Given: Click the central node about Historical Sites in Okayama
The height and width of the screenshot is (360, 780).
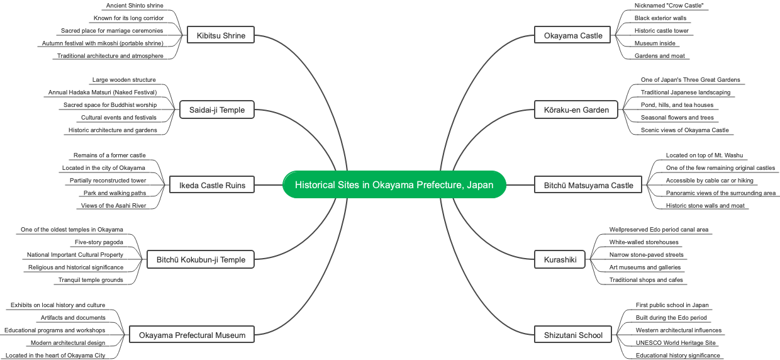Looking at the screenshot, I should pos(394,184).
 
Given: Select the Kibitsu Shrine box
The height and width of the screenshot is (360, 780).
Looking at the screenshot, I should pos(221,35).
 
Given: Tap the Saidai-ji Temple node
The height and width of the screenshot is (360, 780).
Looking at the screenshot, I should pos(217,110).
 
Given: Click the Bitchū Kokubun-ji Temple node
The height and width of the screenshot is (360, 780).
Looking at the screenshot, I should pos(201,259).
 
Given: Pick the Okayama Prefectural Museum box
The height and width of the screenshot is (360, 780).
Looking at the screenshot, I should pos(192,334).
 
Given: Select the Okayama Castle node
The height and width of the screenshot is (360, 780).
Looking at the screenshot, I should pos(573,35).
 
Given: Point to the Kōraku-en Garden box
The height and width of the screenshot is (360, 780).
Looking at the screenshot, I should pos(576,110).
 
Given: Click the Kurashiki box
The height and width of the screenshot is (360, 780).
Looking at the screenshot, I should pos(560,259).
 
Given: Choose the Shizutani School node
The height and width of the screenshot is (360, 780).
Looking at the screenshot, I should pos(573,334).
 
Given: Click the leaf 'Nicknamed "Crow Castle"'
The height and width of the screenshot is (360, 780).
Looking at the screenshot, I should pos(669,6).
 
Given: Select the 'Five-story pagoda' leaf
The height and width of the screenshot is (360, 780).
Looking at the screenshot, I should pos(99,242).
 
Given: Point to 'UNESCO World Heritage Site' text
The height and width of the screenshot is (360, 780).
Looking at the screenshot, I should pos(676,343).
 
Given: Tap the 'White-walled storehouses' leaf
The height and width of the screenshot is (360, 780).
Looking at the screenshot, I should pos(643,242).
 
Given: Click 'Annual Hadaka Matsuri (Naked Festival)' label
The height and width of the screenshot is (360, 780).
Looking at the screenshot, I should pos(103,93).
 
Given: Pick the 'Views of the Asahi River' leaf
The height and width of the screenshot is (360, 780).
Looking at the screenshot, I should pos(113,206).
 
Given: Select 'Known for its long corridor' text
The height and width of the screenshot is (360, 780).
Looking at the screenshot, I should pos(128,18).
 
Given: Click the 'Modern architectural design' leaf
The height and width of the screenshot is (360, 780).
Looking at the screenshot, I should pos(68,343).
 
